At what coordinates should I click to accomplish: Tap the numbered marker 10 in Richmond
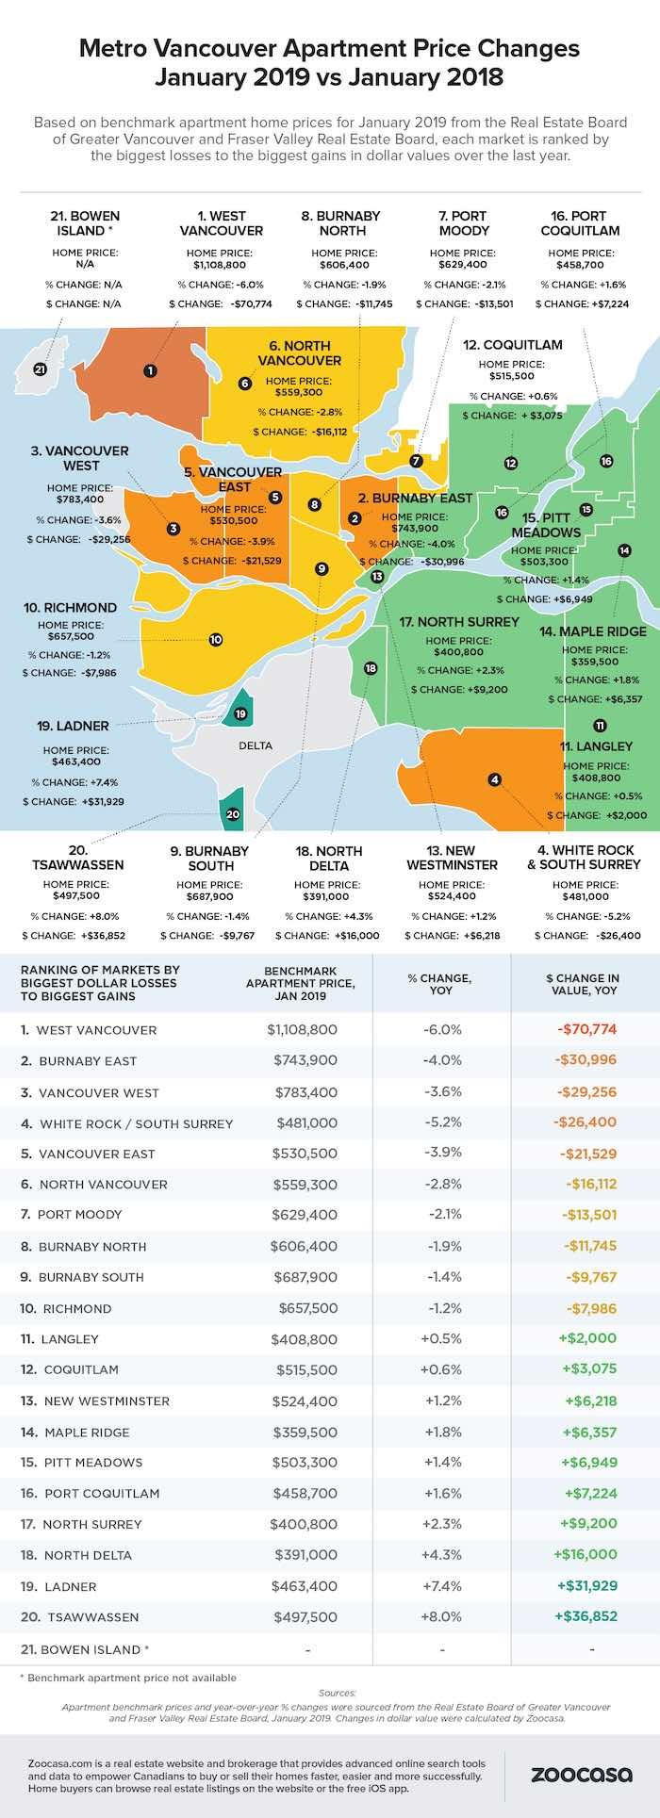coord(216,639)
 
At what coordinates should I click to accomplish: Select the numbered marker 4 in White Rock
coord(494,779)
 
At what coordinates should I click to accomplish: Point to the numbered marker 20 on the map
coord(233,814)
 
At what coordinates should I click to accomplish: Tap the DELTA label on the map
coord(256,745)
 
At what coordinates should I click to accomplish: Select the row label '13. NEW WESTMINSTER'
coord(95,1400)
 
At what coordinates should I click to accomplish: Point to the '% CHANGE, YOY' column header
coord(441,984)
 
